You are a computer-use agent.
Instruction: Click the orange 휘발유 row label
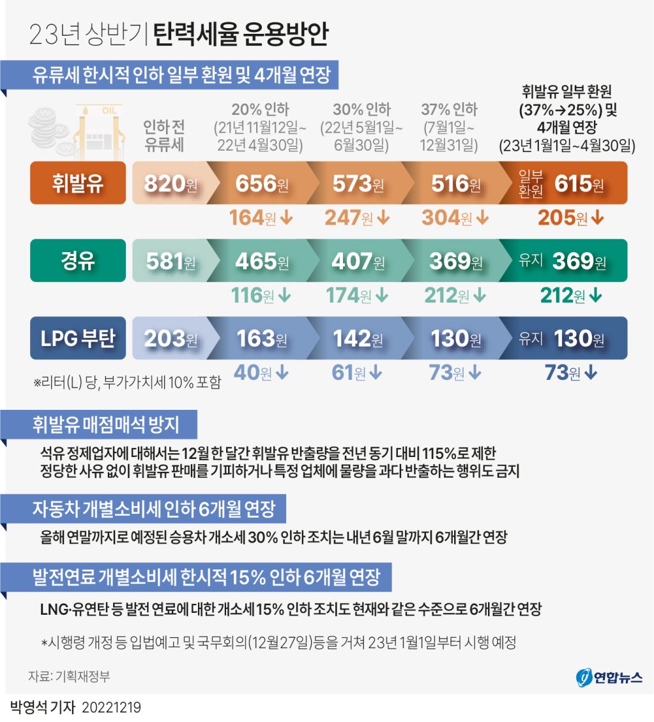[78, 184]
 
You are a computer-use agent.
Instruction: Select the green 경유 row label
[78, 261]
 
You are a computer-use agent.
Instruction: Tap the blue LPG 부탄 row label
[78, 338]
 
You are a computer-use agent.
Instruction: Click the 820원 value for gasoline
[169, 184]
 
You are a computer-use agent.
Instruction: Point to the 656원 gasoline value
[262, 184]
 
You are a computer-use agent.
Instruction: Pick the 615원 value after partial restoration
[579, 184]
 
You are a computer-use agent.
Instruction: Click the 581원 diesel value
[169, 261]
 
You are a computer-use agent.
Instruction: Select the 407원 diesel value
[358, 261]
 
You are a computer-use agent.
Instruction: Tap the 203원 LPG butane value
[169, 338]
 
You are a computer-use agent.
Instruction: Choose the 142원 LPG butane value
[358, 338]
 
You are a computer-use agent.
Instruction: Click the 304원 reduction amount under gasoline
[455, 218]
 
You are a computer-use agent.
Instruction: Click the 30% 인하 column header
[361, 109]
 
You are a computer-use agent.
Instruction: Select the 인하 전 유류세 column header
[164, 135]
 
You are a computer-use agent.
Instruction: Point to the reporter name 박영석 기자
[42, 708]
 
